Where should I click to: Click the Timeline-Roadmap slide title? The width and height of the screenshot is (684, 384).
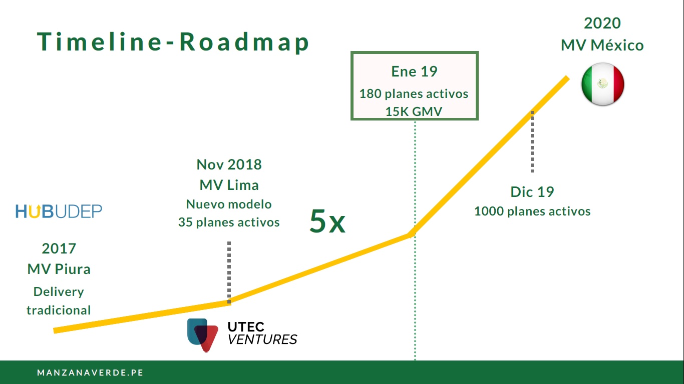coord(173,42)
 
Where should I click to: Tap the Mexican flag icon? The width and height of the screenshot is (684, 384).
coord(603,84)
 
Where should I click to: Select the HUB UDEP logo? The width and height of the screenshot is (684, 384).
coord(59,211)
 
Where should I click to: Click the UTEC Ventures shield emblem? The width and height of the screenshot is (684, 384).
coord(202,335)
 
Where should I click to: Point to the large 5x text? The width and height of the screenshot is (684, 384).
coord(327,221)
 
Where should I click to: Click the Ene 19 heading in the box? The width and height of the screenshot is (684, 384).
coord(415,71)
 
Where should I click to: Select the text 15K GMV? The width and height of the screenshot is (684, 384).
coord(414,111)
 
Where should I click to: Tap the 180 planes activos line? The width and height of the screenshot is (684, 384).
coord(414,93)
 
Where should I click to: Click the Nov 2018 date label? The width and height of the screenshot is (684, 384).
coord(229,164)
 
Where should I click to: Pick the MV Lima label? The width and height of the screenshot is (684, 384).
coord(229,185)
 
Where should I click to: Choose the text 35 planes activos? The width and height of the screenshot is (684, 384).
coord(229,222)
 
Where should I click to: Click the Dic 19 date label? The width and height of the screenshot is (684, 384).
coord(532,192)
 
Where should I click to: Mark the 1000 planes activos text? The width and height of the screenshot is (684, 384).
coord(532,211)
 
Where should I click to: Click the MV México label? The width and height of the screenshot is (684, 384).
coord(602,45)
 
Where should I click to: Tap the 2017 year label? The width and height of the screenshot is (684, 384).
coord(59,248)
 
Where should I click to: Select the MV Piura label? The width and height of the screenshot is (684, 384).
coord(59,269)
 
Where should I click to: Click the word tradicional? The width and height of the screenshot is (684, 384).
coord(59,310)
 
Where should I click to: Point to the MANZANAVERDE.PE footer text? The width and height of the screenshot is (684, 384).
coord(91,372)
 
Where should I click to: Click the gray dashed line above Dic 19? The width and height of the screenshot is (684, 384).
coord(532,142)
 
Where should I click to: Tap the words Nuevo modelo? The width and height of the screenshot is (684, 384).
coord(229,204)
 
